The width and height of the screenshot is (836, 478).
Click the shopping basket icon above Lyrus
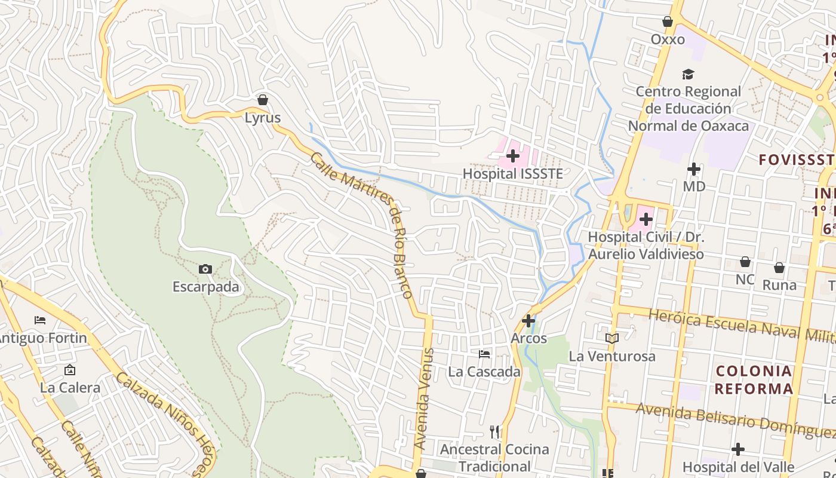262,99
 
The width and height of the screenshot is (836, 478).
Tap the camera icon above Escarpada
205,269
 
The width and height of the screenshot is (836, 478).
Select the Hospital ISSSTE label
513,174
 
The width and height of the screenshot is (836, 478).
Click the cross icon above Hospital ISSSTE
513,156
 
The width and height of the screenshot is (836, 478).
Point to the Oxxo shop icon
668,22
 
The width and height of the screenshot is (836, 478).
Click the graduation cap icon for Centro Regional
688,75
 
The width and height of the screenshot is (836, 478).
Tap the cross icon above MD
693,169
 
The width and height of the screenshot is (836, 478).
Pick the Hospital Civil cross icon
646,219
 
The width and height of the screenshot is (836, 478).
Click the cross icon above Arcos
528,321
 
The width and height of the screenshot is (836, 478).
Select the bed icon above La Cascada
484,354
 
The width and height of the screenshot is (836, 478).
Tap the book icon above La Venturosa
611,339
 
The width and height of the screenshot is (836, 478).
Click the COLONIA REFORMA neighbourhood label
754,380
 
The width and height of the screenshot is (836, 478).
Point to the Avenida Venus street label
423,399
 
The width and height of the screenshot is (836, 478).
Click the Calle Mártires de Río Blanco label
362,225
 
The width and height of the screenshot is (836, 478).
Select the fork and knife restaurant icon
494,431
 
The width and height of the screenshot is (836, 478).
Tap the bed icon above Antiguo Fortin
40,320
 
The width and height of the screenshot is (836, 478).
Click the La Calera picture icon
70,370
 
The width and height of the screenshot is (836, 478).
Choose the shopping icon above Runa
779,268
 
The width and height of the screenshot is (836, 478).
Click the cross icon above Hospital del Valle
738,449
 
